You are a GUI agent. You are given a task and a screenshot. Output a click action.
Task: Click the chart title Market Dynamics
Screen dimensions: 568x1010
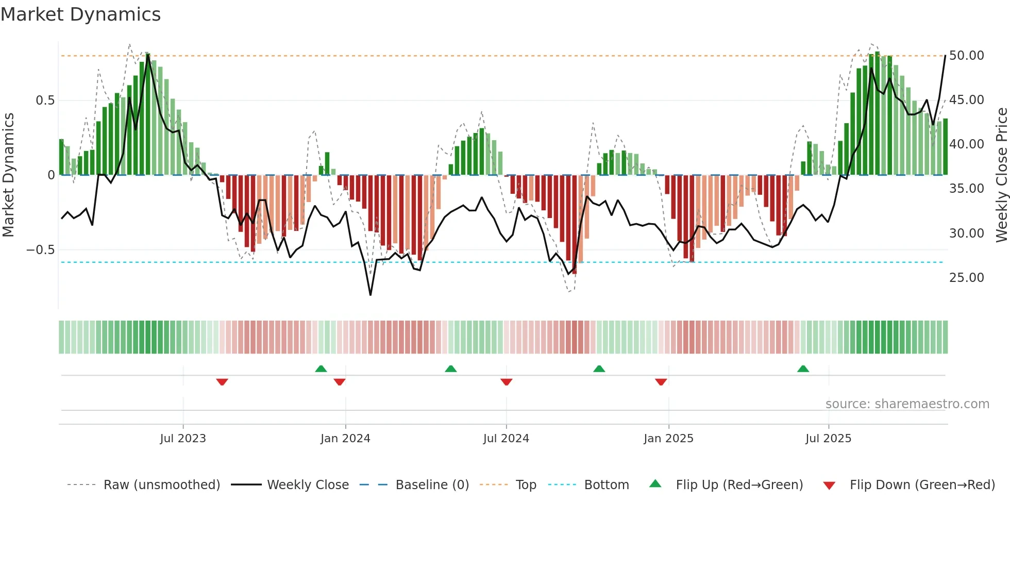pyautogui.click(x=80, y=14)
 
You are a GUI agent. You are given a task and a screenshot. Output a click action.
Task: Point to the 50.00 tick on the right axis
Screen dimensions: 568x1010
pyautogui.click(x=966, y=56)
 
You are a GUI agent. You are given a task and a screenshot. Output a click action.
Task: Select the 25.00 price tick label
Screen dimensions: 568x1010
pyautogui.click(x=966, y=278)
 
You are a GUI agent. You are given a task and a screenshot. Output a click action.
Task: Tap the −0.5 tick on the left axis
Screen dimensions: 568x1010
pyautogui.click(x=40, y=250)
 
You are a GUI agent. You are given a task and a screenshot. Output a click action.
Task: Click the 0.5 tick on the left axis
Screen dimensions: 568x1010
pyautogui.click(x=45, y=101)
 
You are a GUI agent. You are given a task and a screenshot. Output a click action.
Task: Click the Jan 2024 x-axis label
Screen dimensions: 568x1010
pyautogui.click(x=345, y=439)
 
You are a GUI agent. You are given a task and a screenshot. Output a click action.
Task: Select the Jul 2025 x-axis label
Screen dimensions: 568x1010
pyautogui.click(x=828, y=439)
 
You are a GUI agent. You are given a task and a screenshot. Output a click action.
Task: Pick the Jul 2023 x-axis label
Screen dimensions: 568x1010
pyautogui.click(x=183, y=439)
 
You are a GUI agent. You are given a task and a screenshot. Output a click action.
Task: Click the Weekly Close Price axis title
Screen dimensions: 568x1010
pyautogui.click(x=1001, y=175)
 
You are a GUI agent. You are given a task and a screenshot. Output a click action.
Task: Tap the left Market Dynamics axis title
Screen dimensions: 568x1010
pyautogui.click(x=8, y=175)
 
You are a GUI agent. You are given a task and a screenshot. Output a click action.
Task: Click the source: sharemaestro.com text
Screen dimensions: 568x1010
pyautogui.click(x=907, y=404)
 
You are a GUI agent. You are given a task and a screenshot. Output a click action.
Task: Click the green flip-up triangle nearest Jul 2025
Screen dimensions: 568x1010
pyautogui.click(x=803, y=369)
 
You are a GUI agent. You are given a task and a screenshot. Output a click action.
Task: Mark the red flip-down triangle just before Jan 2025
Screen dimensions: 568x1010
pyautogui.click(x=661, y=382)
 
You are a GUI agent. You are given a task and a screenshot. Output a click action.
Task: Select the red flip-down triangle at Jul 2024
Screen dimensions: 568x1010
pyautogui.click(x=506, y=382)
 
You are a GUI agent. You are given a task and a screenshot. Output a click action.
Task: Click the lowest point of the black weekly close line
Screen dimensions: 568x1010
pyautogui.click(x=371, y=295)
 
